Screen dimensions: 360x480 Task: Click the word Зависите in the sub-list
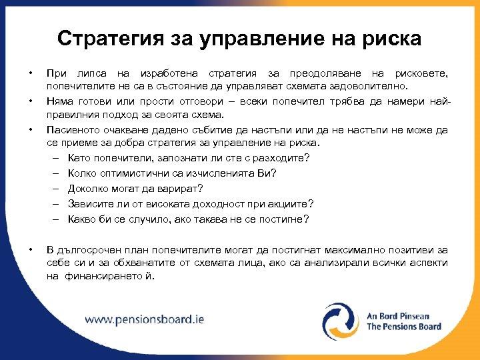89,204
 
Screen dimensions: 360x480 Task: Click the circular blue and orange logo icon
340,321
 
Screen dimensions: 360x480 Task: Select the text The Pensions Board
404,327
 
